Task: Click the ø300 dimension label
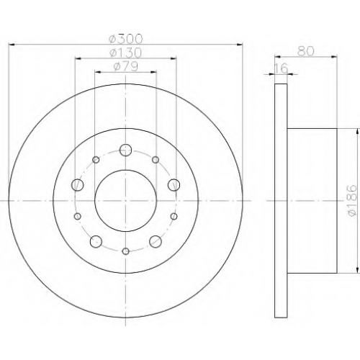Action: (125, 39)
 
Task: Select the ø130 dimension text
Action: (125, 53)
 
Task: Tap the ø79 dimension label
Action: (125, 66)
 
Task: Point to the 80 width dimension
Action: (306, 51)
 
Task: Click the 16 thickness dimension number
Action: (281, 68)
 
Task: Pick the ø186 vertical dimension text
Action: (353, 201)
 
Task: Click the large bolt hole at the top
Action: (125, 150)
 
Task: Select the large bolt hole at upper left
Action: (78, 185)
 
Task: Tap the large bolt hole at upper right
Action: (174, 185)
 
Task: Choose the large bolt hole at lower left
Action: (96, 241)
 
